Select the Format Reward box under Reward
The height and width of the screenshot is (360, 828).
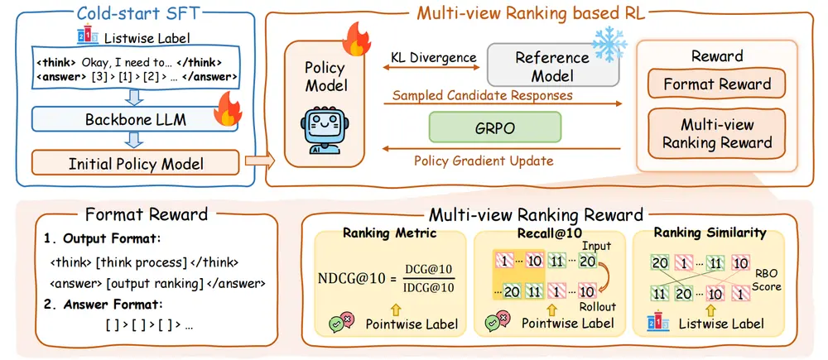pyautogui.click(x=717, y=84)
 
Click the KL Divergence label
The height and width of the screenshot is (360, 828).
pyautogui.click(x=433, y=58)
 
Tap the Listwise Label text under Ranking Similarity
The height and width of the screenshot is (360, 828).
pyautogui.click(x=727, y=324)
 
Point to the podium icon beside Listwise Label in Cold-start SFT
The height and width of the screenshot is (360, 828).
pyautogui.click(x=82, y=38)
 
